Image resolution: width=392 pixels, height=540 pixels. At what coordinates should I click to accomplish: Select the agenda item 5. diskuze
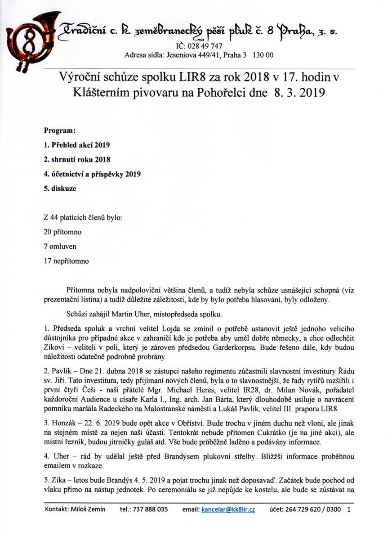60,189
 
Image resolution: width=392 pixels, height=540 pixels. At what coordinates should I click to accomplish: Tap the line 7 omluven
60,247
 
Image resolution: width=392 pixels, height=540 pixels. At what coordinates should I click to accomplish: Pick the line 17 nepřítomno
66,261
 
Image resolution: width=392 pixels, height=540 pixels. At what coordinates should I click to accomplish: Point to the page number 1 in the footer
349,510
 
